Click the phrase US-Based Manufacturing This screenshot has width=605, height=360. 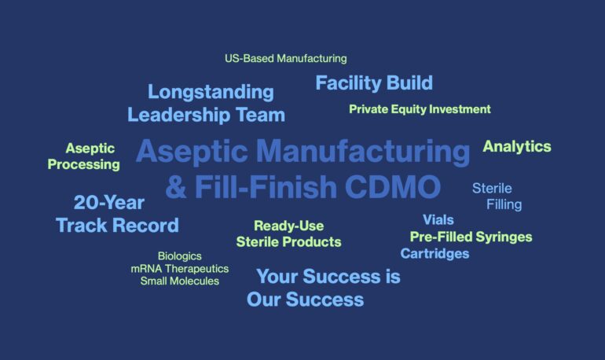[286, 59]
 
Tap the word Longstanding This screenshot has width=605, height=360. [211, 93]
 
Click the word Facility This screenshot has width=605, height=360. [348, 84]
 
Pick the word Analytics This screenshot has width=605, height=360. [517, 147]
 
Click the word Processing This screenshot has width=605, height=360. [84, 165]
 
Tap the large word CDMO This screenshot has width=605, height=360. [392, 187]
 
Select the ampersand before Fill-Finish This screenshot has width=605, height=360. [176, 187]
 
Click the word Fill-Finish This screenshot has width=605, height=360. [266, 187]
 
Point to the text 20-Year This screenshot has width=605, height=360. [109, 203]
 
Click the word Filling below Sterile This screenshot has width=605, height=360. [504, 205]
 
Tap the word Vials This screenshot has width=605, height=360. [438, 220]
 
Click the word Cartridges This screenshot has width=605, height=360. [434, 254]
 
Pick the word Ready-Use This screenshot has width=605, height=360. [288, 226]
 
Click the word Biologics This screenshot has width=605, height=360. [180, 256]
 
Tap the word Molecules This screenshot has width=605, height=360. [194, 281]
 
